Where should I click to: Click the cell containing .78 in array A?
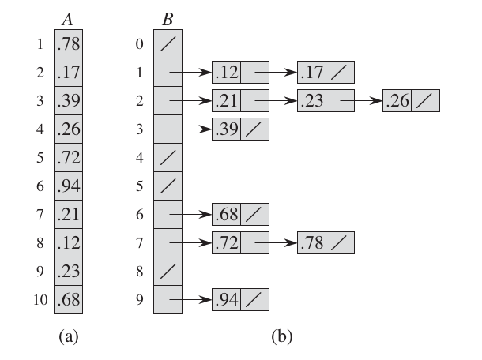[x=68, y=43]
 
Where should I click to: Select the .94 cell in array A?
[x=68, y=186]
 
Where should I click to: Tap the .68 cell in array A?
[x=68, y=299]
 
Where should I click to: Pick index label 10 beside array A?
[x=40, y=300]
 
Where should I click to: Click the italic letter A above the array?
[x=67, y=20]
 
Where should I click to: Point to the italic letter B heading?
[x=168, y=20]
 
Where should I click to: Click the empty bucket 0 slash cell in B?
[x=168, y=43]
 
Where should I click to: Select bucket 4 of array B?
[x=168, y=157]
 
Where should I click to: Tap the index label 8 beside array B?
[x=140, y=272]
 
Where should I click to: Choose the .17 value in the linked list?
[x=311, y=72]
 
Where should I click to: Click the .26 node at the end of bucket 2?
[x=412, y=100]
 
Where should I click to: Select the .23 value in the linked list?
[x=311, y=100]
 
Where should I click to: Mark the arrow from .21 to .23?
[x=276, y=100]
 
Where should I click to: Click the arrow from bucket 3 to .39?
[x=190, y=129]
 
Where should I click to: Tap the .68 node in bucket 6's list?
[x=241, y=214]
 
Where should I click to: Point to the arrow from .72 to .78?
[x=276, y=242]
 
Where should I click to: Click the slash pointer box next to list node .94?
[x=255, y=299]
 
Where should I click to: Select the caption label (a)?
[x=69, y=336]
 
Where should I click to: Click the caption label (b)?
[x=282, y=336]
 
